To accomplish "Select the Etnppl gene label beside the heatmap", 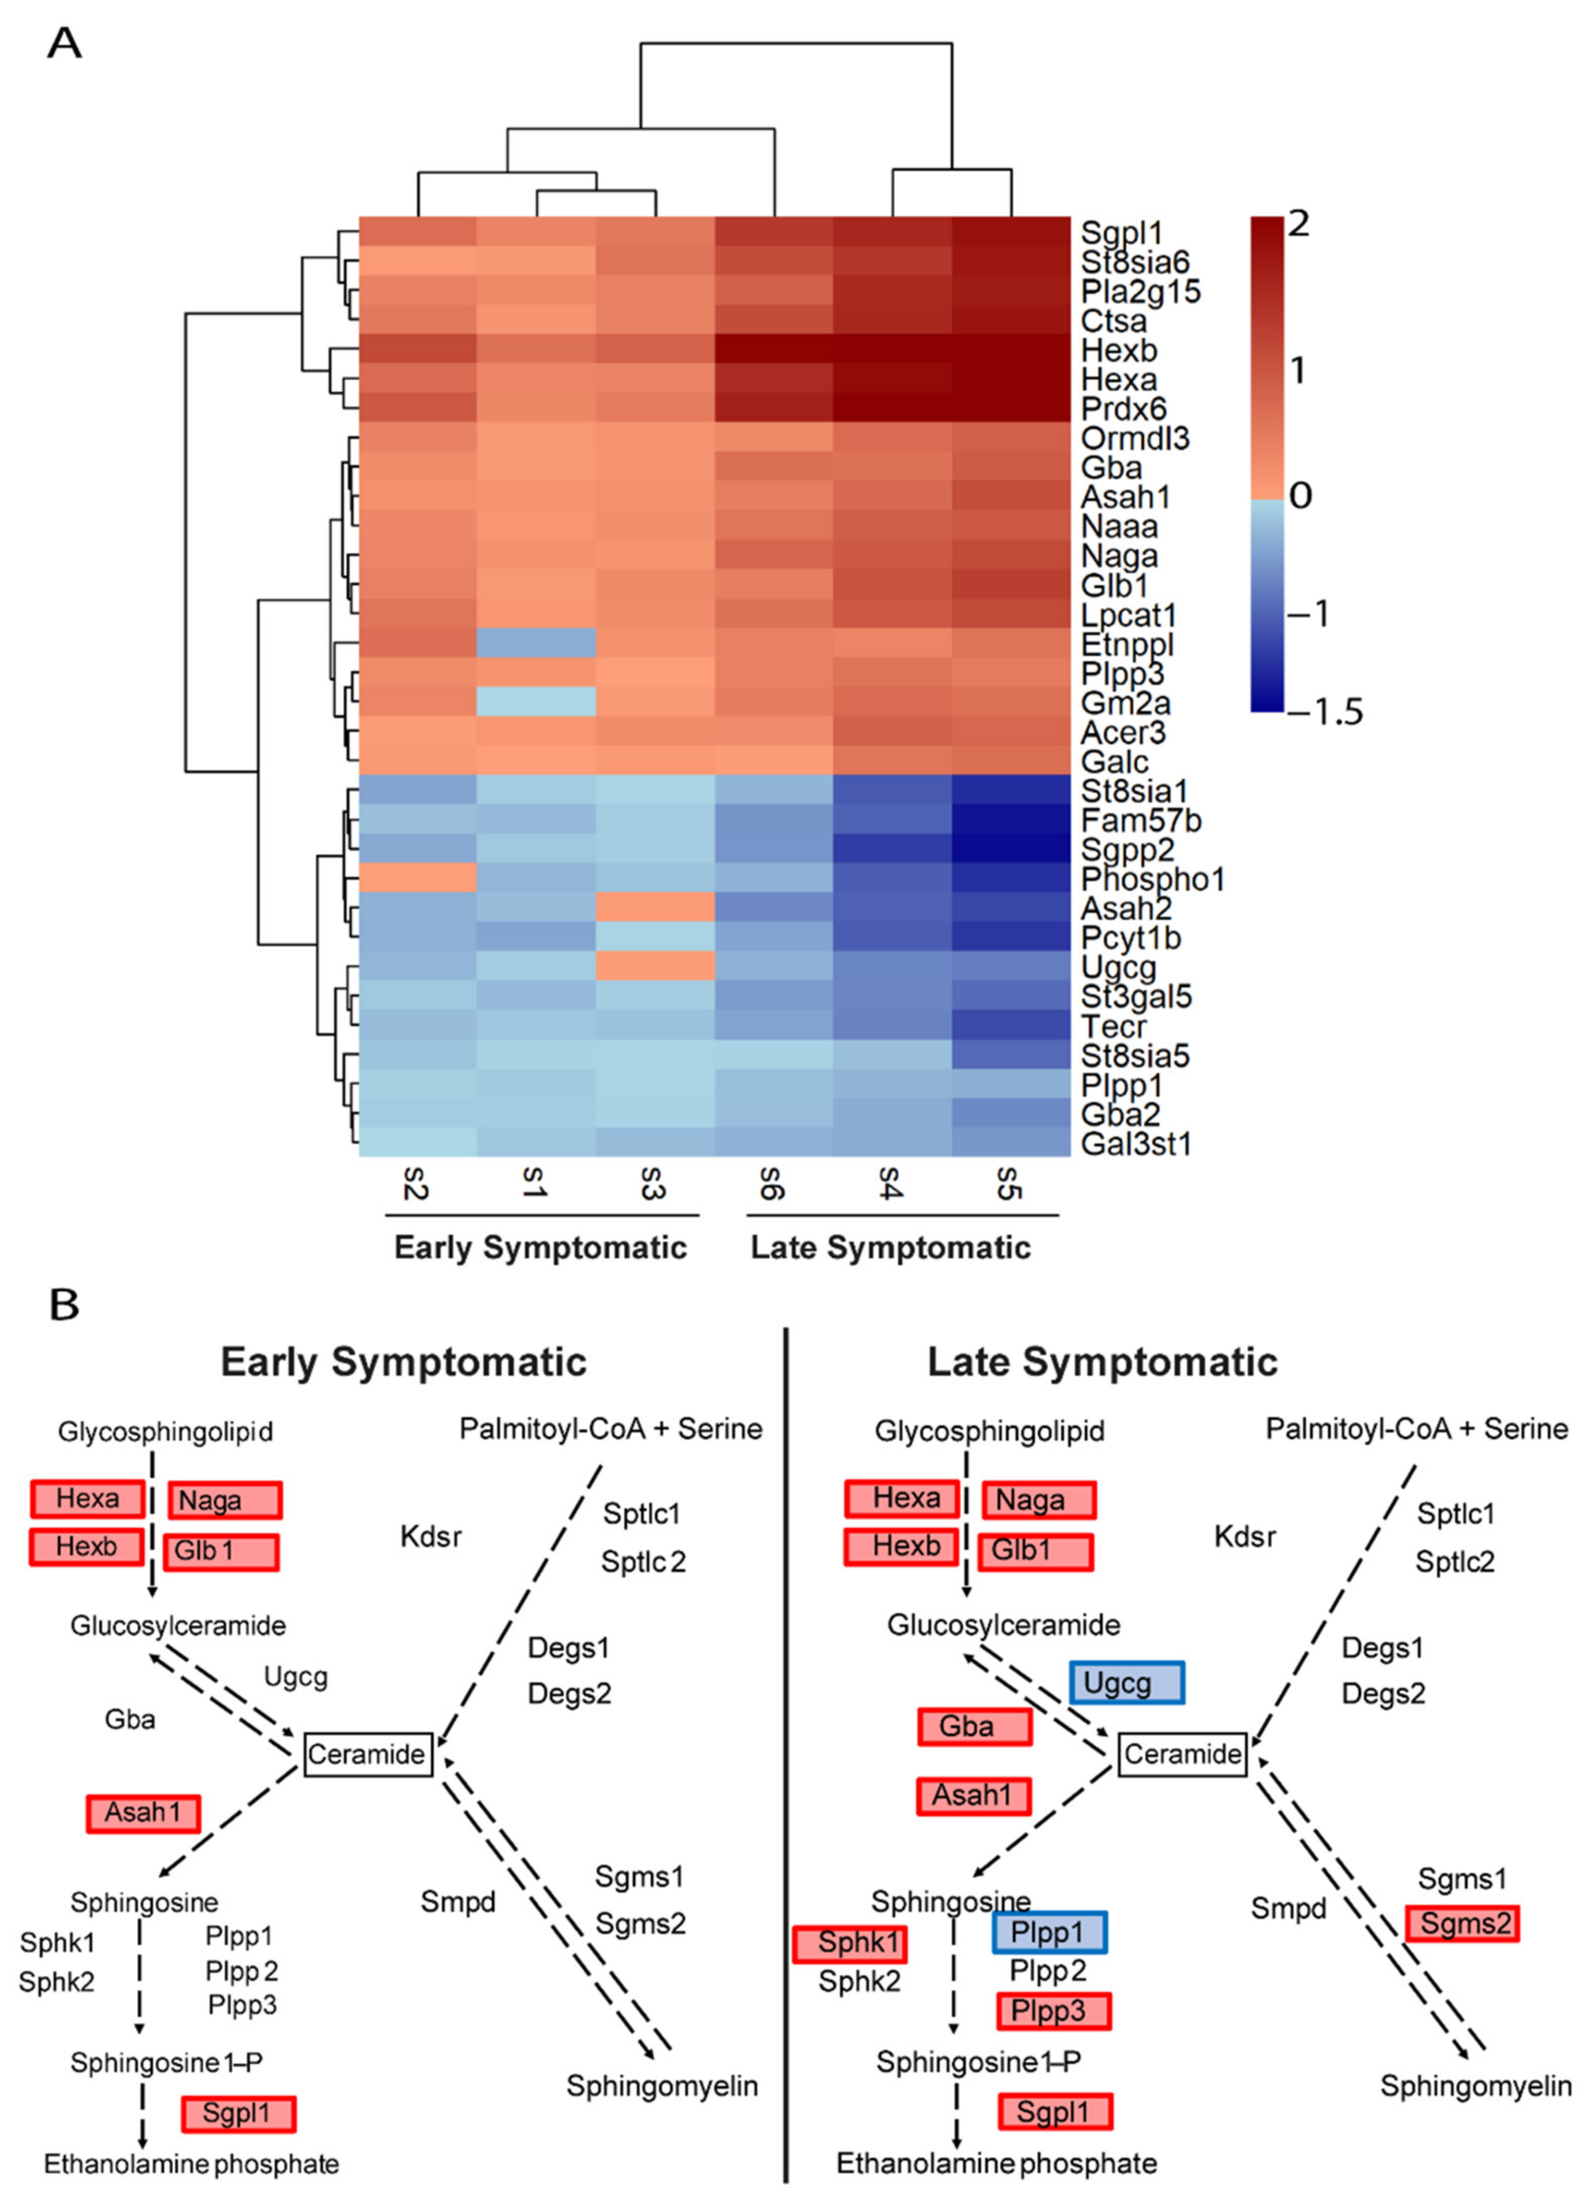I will (1128, 644).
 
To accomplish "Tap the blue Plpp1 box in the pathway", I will (1048, 1932).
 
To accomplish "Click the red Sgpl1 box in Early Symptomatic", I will (238, 2113).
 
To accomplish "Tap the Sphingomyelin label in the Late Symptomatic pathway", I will (1475, 2086).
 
